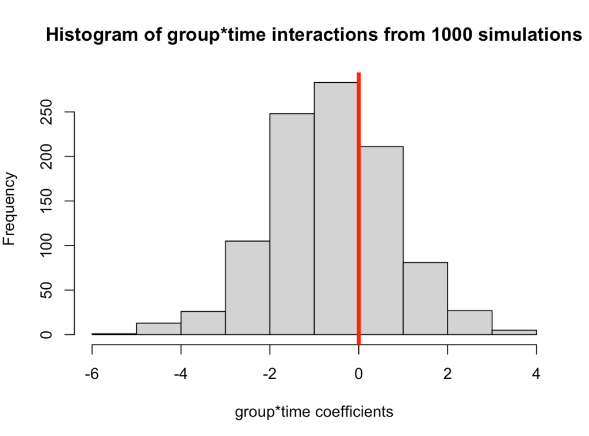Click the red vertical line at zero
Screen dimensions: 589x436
coord(359,208)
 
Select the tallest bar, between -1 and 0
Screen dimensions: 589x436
coord(336,208)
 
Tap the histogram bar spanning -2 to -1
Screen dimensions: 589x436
coord(292,224)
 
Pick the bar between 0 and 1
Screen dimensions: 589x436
coord(381,240)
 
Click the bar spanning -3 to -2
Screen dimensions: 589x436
coord(247,288)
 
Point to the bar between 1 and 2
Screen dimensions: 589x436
coord(425,299)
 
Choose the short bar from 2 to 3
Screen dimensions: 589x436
coord(469,323)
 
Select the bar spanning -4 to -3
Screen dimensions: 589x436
coord(203,323)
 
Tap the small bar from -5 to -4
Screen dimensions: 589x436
coord(159,328)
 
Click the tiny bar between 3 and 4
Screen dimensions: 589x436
coord(514,332)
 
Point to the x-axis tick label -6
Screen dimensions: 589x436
coord(92,374)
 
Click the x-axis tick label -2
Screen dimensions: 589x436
coord(270,374)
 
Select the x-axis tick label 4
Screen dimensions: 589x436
coord(536,374)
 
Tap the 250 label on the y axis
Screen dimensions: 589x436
coord(46,112)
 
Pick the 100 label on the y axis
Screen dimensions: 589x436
coord(46,245)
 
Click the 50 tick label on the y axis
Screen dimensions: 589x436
coord(46,290)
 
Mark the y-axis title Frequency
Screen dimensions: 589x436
coord(9,208)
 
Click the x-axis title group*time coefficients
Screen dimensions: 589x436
coord(314,412)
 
